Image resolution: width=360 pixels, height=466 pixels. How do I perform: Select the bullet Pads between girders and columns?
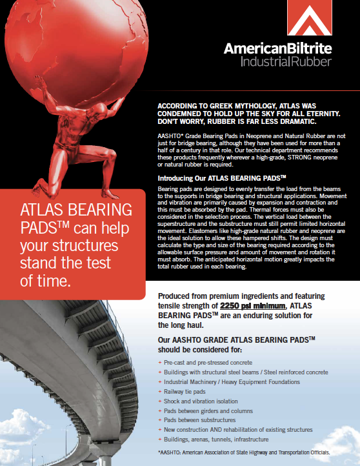[x=208, y=410]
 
